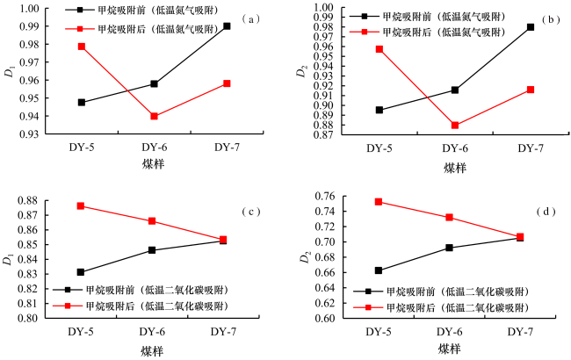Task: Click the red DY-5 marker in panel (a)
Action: tap(82, 46)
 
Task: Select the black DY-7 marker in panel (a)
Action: tap(226, 26)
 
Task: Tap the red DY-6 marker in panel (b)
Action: tap(455, 126)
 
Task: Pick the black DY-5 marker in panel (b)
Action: tap(379, 110)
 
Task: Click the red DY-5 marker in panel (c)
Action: tap(81, 205)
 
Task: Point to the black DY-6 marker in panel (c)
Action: tap(153, 250)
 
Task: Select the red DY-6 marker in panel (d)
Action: tap(449, 218)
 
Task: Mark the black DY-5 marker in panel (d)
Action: tap(379, 270)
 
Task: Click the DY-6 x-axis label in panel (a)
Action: tap(153, 148)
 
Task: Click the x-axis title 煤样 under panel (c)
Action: tap(153, 349)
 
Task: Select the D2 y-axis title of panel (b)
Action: tap(301, 70)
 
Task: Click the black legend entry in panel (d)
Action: tap(439, 291)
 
